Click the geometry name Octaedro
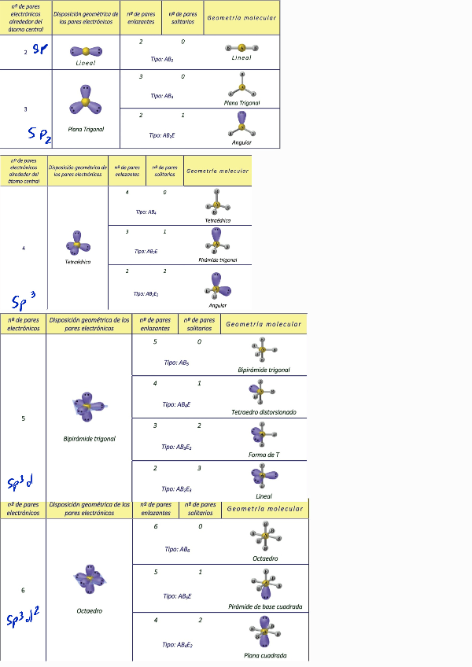264,558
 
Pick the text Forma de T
264,455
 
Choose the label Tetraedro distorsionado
264,412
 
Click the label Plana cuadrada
264,654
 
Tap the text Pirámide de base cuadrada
264,606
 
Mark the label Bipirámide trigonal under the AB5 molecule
264,370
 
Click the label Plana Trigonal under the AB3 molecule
242,102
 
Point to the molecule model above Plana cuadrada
264,632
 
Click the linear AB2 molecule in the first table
242,46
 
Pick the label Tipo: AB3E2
177,447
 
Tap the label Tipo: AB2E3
177,488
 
